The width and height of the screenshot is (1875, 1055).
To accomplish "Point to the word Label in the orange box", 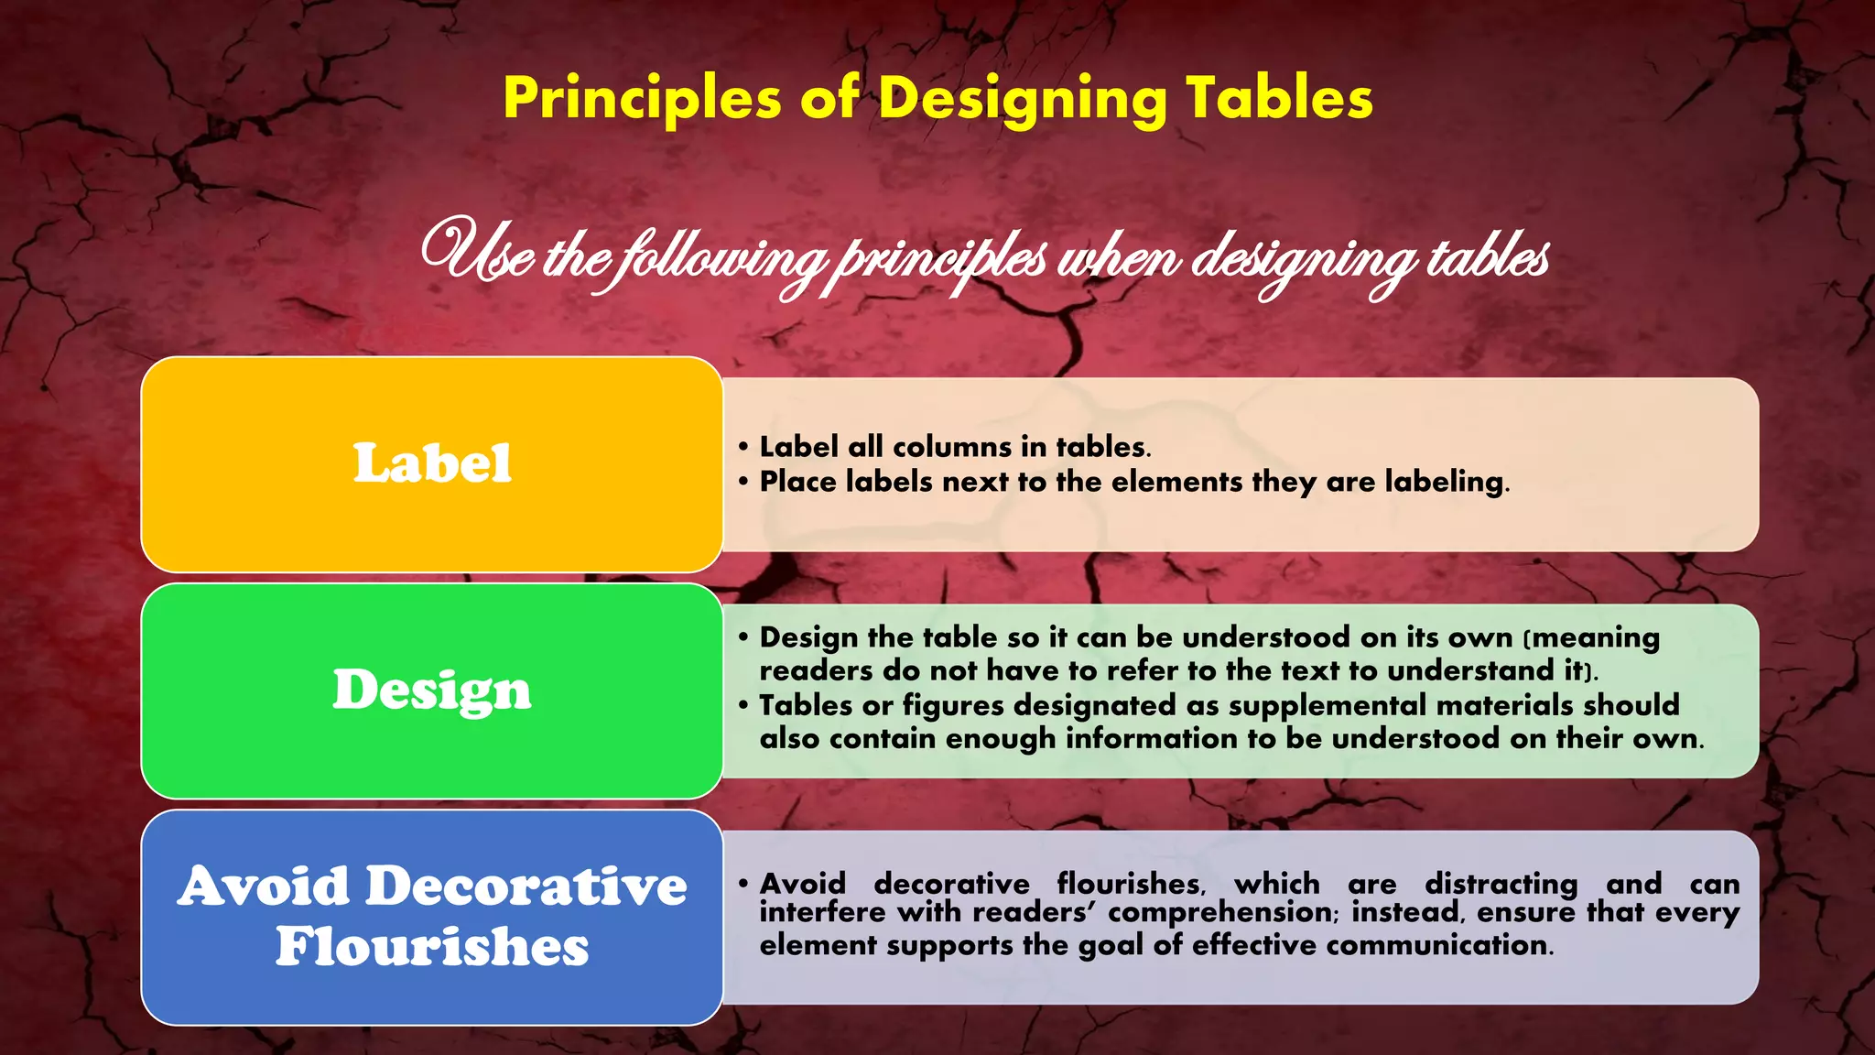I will tap(432, 462).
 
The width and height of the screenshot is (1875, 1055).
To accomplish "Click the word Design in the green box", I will tap(432, 690).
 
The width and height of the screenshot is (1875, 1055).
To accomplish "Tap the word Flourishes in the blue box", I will tap(432, 946).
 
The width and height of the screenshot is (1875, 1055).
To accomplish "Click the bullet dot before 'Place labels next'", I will tap(743, 482).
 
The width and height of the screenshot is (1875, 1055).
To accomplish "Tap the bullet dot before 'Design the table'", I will tap(743, 636).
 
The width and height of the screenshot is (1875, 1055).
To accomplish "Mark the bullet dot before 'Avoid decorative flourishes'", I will tap(743, 884).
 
